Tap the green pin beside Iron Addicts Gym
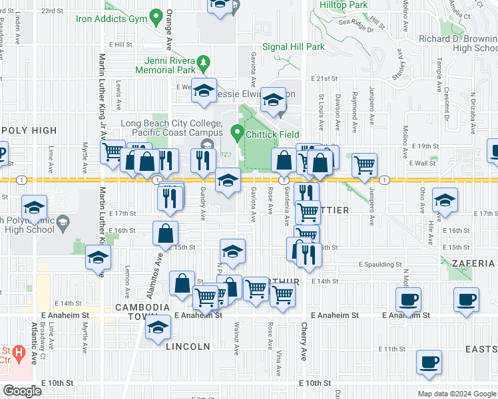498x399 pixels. (x=156, y=15)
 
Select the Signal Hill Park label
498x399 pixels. (x=293, y=47)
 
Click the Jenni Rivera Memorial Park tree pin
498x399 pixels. (x=206, y=63)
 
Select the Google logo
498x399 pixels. (x=23, y=391)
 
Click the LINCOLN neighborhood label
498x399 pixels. (x=189, y=346)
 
